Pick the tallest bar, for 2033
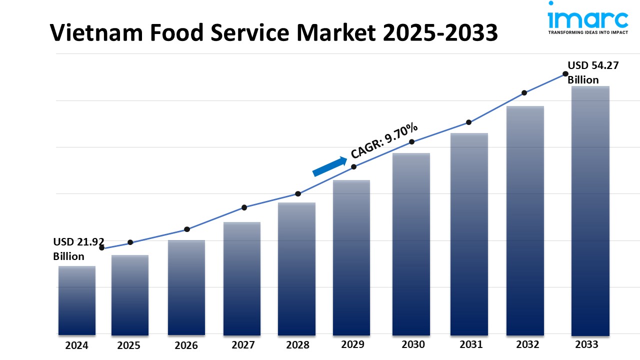coord(590,210)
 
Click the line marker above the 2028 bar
coord(298,193)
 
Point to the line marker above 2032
coord(524,92)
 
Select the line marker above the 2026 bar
coord(186,229)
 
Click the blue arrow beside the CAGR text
coord(330,166)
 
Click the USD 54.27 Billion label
coord(589,72)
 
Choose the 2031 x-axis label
coord(470,344)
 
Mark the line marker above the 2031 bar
coord(468,122)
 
